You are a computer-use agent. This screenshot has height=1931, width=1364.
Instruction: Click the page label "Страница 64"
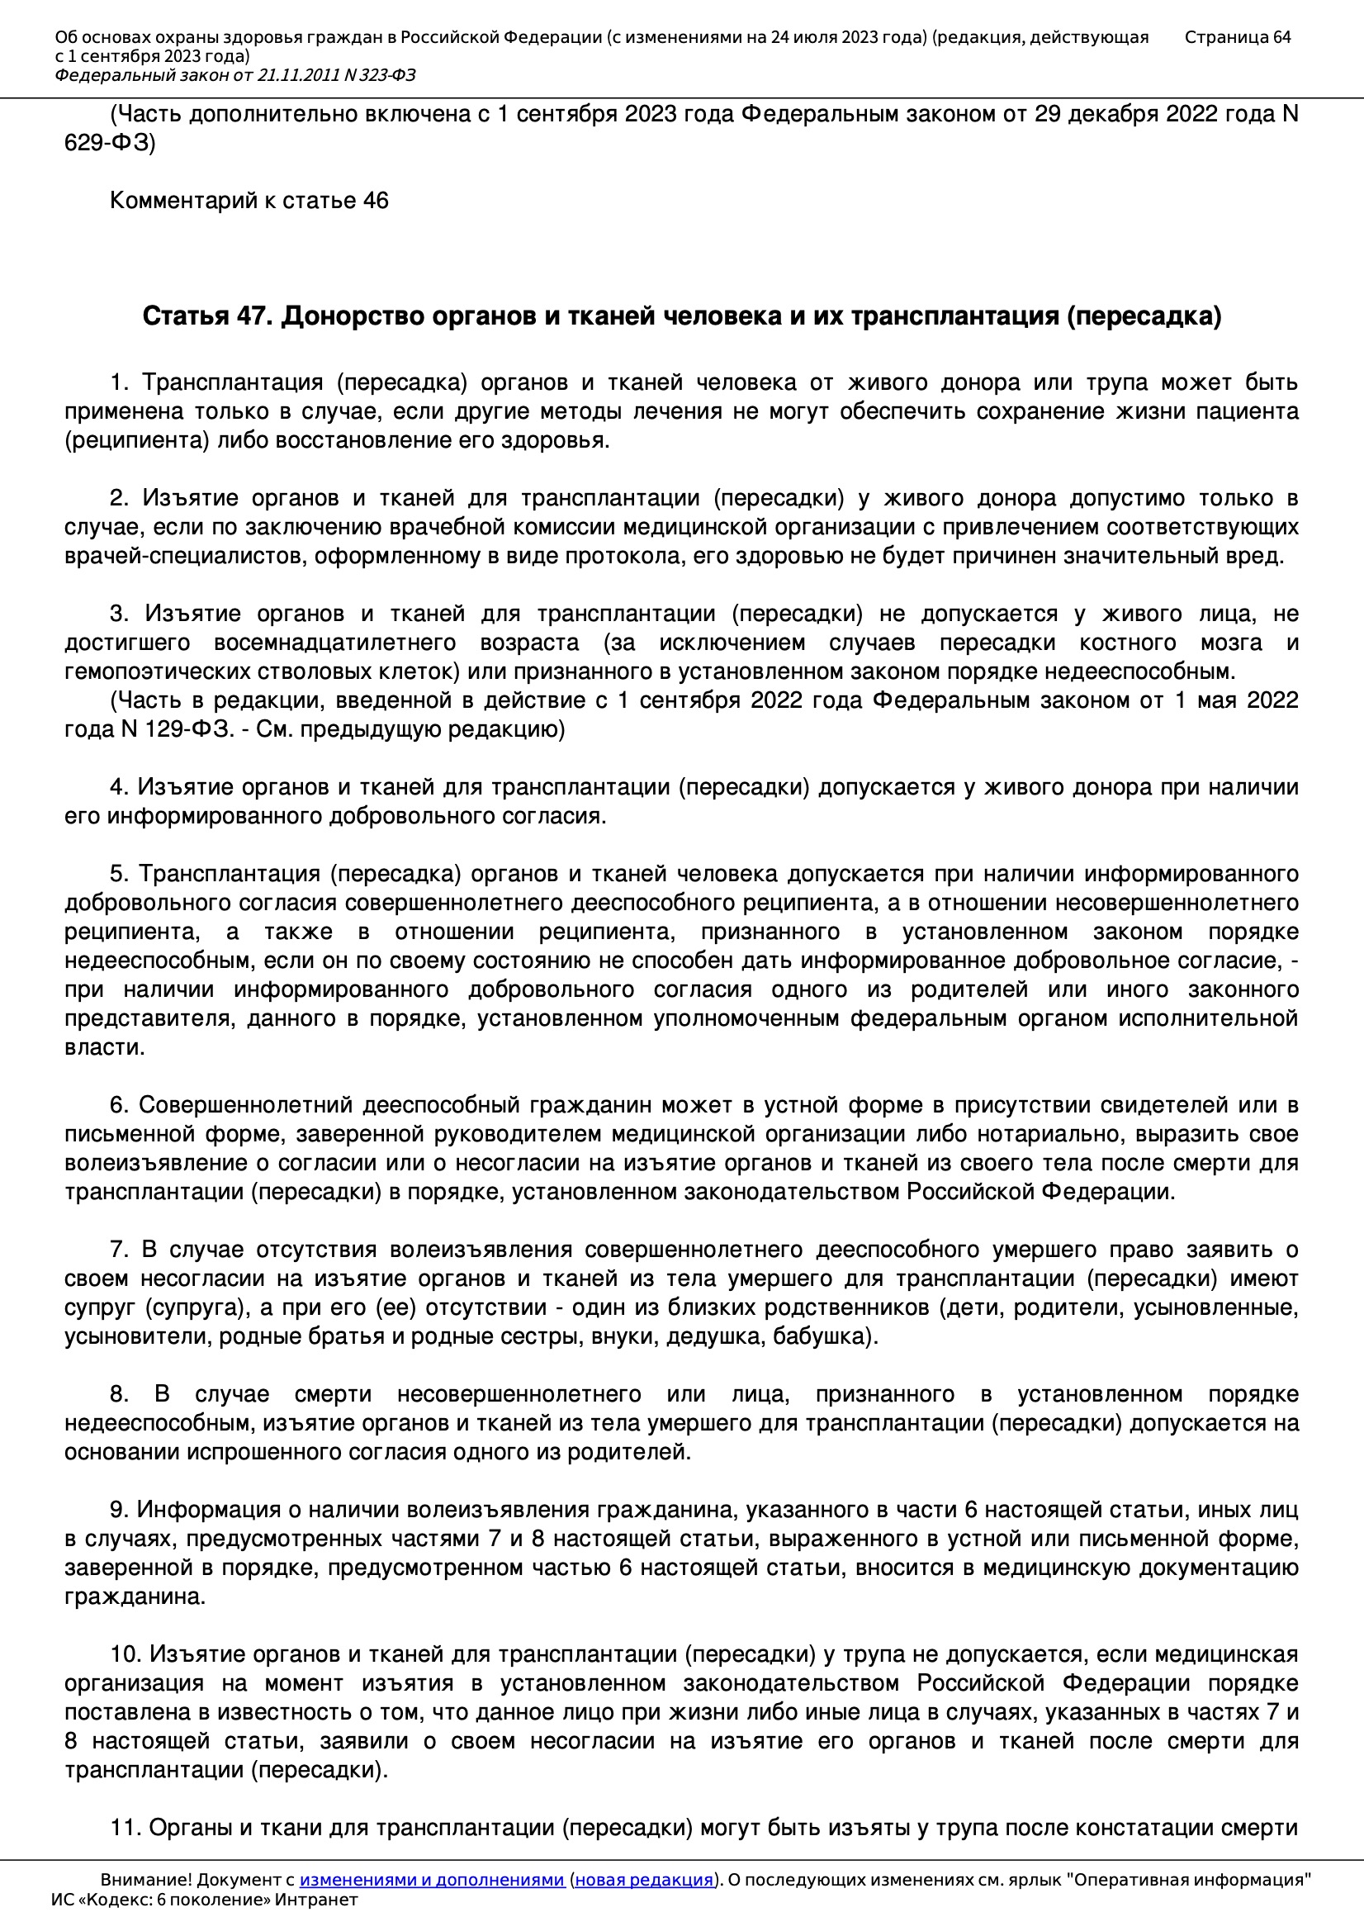click(1237, 37)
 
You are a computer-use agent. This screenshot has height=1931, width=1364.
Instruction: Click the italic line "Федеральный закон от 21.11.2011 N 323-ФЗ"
click(234, 76)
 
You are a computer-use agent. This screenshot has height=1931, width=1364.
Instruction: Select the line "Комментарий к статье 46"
click(249, 200)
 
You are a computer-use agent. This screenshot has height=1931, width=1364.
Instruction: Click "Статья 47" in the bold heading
click(208, 316)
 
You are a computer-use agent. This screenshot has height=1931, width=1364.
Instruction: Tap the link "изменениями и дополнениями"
click(431, 1880)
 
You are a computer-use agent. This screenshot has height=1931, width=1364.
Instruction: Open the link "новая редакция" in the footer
click(643, 1880)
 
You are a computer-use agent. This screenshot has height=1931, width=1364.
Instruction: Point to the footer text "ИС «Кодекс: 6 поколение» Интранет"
click(204, 1900)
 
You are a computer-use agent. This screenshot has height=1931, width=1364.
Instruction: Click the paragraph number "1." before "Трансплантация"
click(119, 382)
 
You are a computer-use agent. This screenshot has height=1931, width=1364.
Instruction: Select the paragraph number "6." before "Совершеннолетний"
click(119, 1105)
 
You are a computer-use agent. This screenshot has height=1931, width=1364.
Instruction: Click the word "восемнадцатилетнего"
click(334, 643)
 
